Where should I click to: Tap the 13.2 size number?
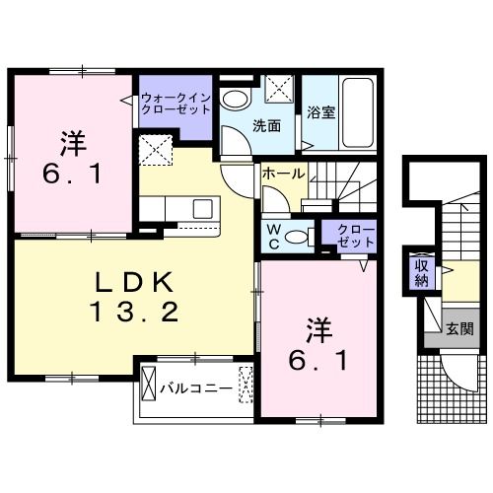tap(136, 315)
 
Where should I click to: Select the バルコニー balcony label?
tap(196, 388)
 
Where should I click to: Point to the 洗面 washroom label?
tap(266, 125)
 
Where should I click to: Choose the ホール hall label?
tap(284, 174)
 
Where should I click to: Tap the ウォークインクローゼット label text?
tap(175, 105)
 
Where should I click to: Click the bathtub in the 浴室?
tap(356, 111)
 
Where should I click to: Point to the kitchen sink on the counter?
tap(203, 209)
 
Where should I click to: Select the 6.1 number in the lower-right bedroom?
tap(317, 361)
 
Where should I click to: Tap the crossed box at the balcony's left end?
tap(150, 382)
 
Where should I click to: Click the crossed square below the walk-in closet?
tap(156, 151)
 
